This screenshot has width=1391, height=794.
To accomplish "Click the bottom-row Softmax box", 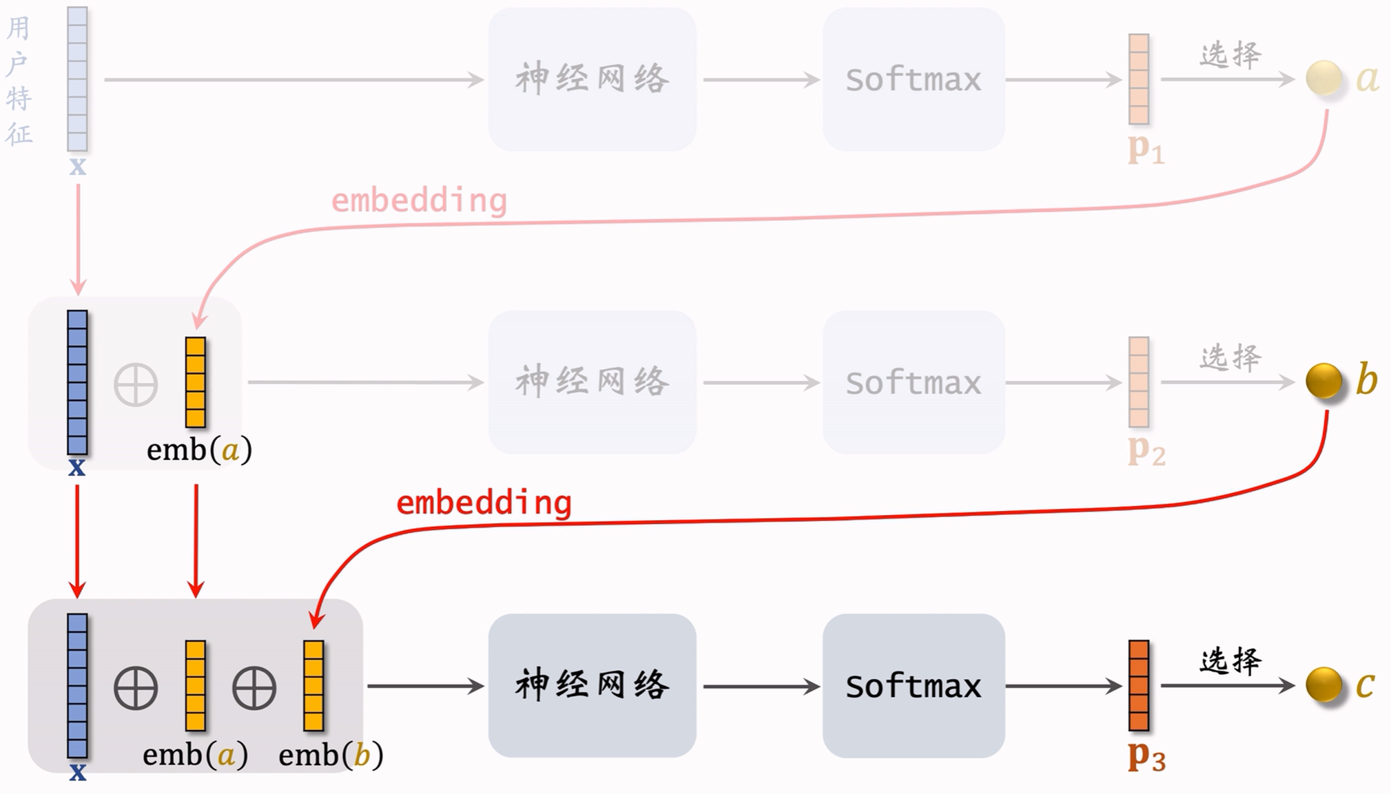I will point(913,686).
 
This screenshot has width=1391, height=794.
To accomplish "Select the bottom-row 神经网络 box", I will point(592,686).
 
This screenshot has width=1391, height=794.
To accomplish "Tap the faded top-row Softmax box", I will point(913,79).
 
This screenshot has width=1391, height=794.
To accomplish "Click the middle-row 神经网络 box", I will point(592,382).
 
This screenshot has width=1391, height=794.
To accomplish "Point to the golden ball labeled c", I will point(1323,685).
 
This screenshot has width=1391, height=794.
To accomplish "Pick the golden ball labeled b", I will point(1323,381).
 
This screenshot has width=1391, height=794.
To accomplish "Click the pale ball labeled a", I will point(1323,78).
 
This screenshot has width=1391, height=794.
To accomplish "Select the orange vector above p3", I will point(1138,685).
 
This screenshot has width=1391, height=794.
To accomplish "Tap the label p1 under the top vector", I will point(1146,148).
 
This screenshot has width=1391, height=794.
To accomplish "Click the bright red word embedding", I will point(484,503).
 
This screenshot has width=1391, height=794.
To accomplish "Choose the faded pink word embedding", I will point(419,200).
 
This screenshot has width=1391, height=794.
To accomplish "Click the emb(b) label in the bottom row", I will point(331,755).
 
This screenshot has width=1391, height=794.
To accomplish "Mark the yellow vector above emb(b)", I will point(313,685).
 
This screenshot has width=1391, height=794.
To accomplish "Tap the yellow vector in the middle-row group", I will point(196,382).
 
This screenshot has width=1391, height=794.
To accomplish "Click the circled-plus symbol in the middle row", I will point(136,384).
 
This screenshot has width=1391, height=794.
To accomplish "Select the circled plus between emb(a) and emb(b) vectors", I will point(254,688).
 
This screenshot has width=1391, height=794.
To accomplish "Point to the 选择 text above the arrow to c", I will point(1230,661).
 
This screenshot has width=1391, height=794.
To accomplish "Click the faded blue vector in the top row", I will point(77,79).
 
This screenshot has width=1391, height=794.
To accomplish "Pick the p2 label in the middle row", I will point(1146,451).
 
